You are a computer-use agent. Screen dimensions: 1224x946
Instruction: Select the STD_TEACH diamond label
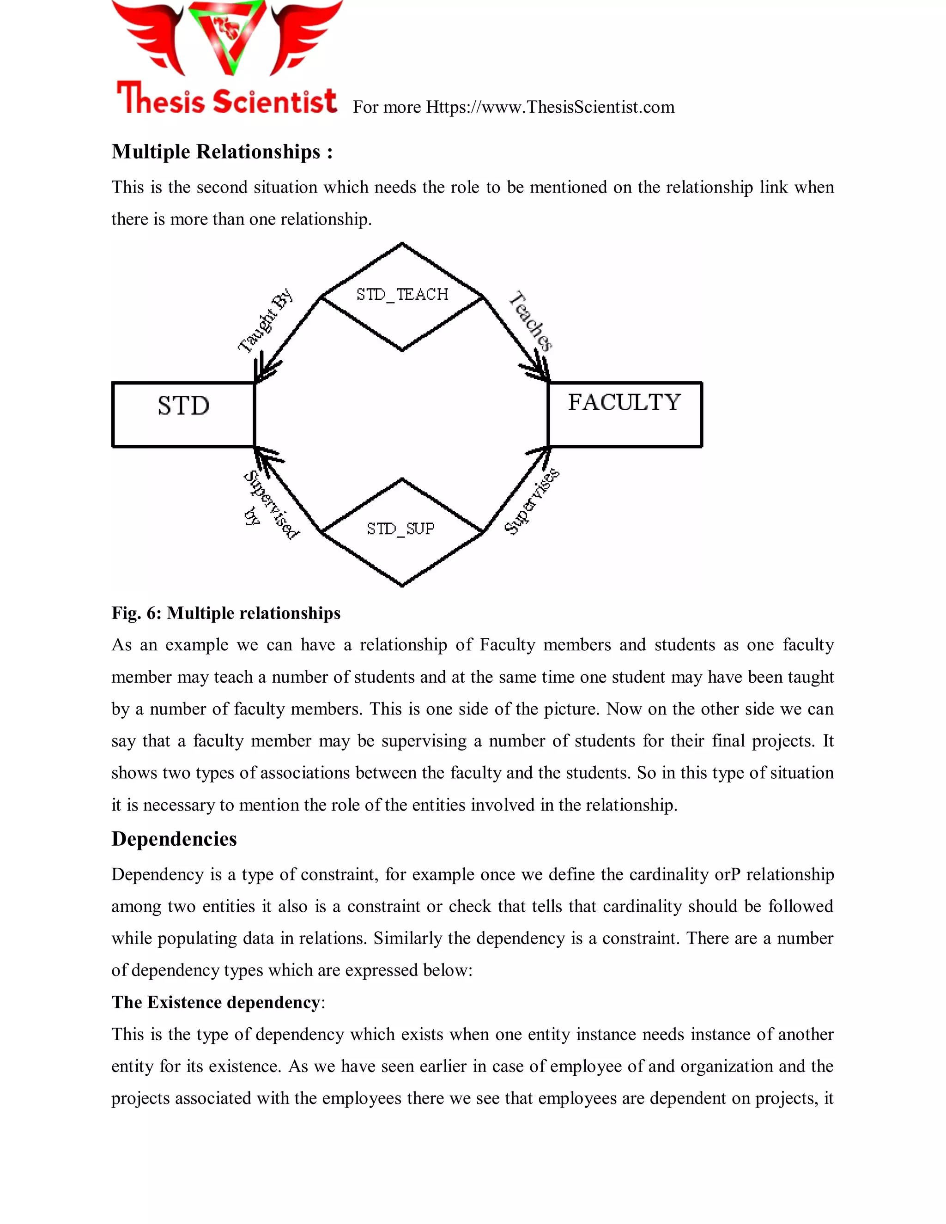(x=402, y=294)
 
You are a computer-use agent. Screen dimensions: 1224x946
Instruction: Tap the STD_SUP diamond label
(x=400, y=528)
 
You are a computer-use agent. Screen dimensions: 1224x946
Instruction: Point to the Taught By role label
(x=265, y=321)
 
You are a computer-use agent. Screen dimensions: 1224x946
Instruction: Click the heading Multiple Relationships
(x=222, y=152)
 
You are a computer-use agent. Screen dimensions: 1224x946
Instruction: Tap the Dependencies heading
(x=174, y=839)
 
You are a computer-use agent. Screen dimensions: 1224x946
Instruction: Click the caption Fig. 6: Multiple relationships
(x=226, y=613)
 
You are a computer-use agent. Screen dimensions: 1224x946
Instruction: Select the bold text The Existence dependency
(x=216, y=1002)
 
